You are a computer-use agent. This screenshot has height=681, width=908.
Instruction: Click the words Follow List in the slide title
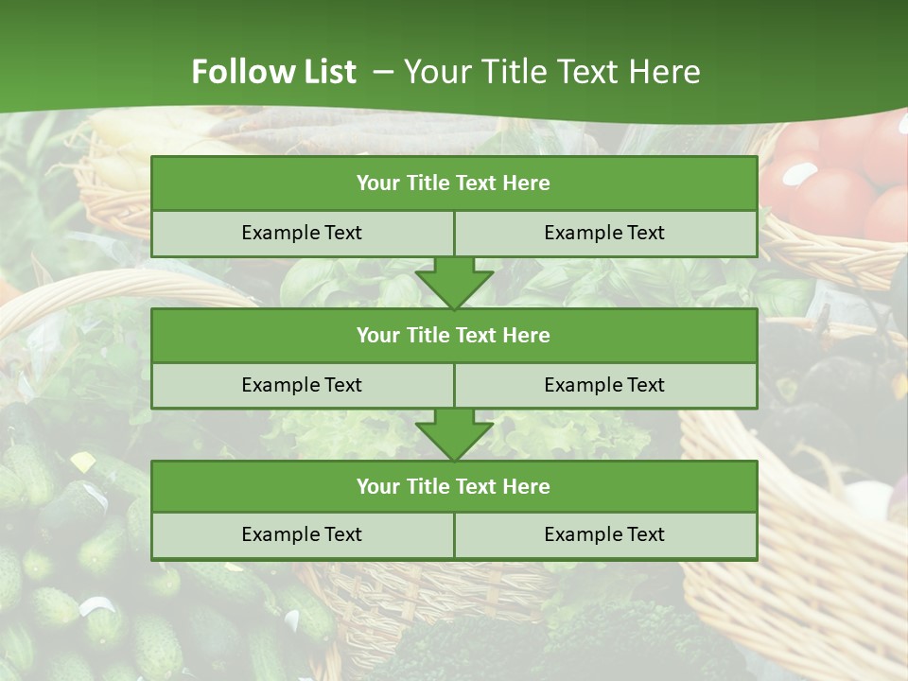pyautogui.click(x=273, y=72)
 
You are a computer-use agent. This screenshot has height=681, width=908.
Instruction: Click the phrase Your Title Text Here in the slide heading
pyautogui.click(x=552, y=72)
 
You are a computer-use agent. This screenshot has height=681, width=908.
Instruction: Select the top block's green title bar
pyautogui.click(x=454, y=183)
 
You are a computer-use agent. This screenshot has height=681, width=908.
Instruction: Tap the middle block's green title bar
pyautogui.click(x=454, y=335)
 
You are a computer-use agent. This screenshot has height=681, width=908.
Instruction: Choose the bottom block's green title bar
pyautogui.click(x=454, y=486)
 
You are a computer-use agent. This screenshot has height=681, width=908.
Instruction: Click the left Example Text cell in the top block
pyautogui.click(x=302, y=233)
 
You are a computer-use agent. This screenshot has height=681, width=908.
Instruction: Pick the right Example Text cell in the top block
pyautogui.click(x=604, y=233)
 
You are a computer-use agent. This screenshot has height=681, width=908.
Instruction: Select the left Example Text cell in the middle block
pyautogui.click(x=302, y=385)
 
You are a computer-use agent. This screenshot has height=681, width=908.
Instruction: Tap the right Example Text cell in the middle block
pyautogui.click(x=604, y=385)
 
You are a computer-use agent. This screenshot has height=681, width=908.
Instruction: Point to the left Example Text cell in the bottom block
pyautogui.click(x=302, y=534)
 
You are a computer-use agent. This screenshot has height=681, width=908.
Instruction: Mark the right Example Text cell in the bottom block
pyautogui.click(x=604, y=534)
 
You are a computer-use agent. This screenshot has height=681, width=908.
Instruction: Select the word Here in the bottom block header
pyautogui.click(x=526, y=486)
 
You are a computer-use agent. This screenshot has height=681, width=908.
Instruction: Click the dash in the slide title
pyautogui.click(x=383, y=72)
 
